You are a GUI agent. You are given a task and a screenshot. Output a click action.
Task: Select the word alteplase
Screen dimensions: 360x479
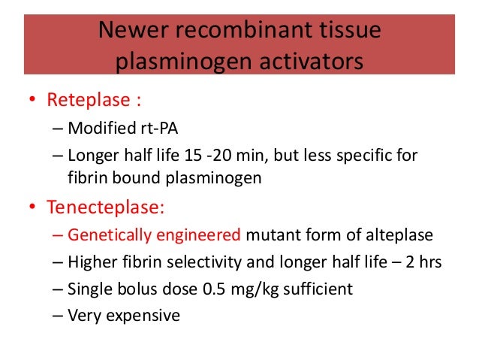coord(396,234)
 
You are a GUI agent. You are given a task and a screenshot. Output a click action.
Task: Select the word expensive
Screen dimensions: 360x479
coord(144,316)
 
